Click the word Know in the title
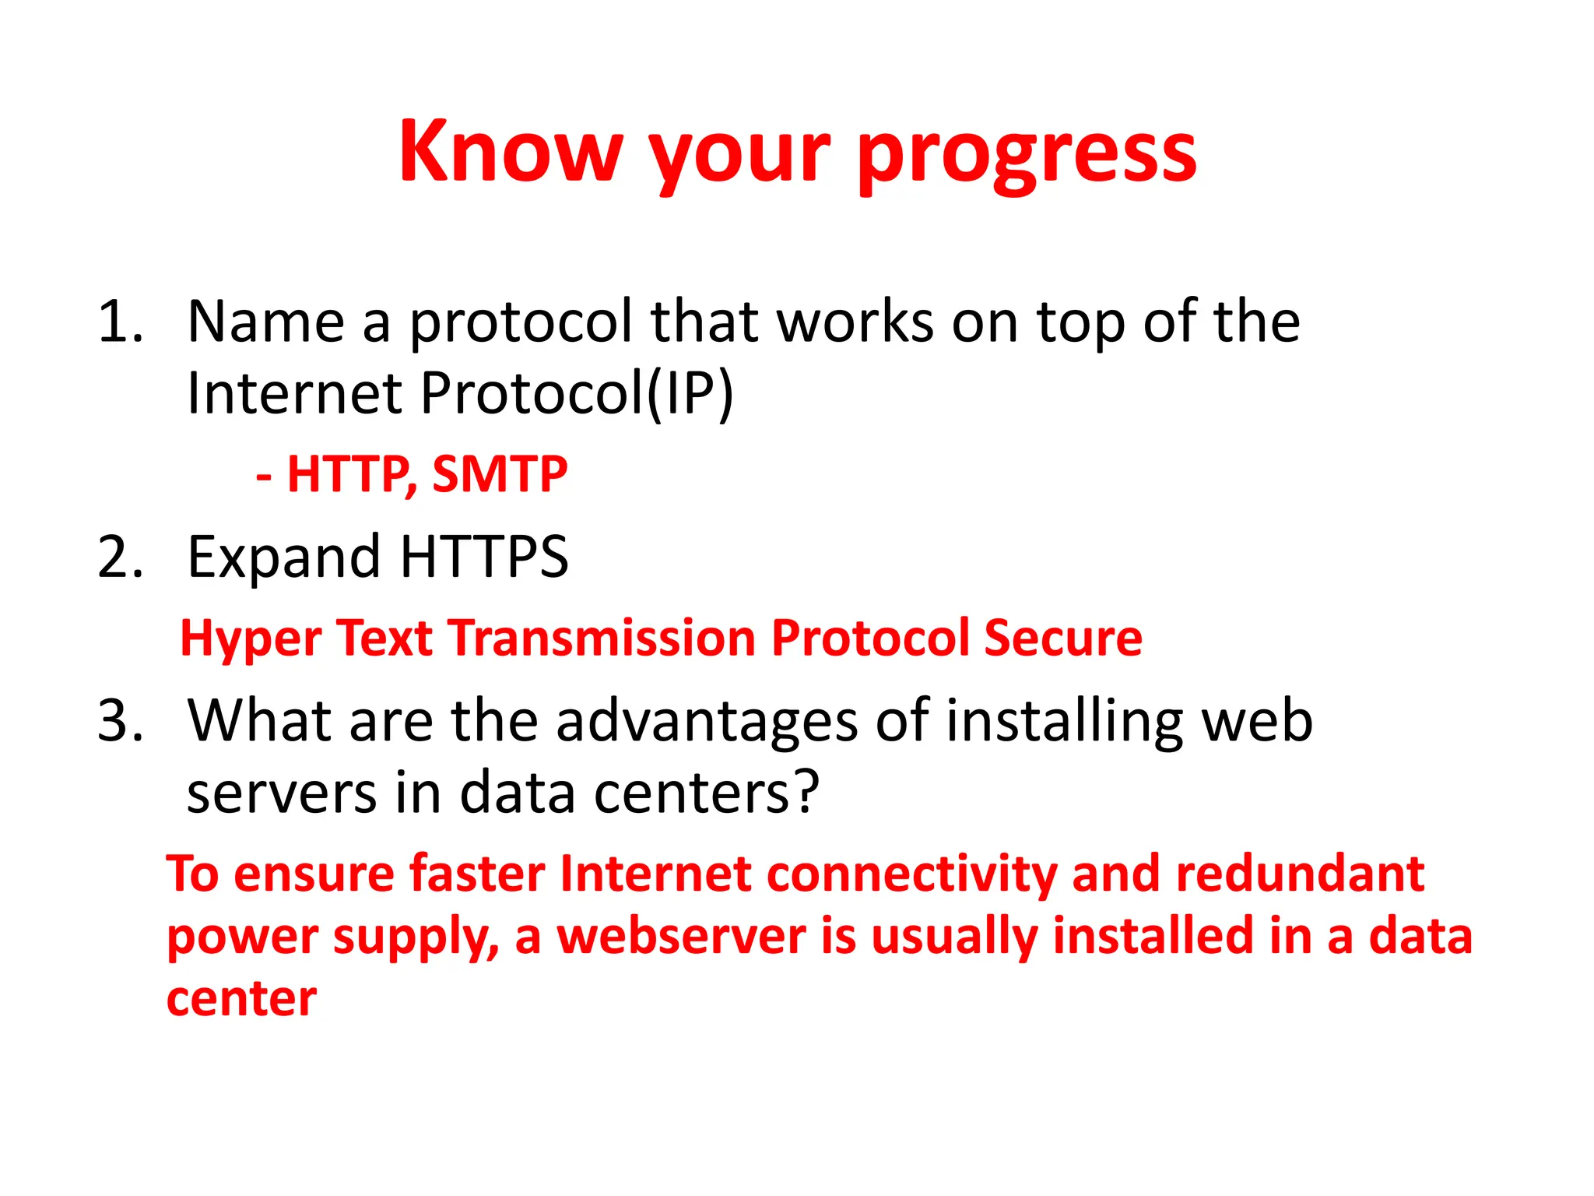(x=511, y=152)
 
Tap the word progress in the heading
(x=1027, y=156)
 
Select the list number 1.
(x=121, y=322)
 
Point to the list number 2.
(x=121, y=558)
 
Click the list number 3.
(x=121, y=721)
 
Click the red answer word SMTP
(x=500, y=474)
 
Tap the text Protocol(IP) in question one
(x=577, y=393)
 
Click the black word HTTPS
(x=484, y=557)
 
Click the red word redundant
(x=1300, y=874)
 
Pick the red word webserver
(x=681, y=936)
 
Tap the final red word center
(x=241, y=1000)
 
